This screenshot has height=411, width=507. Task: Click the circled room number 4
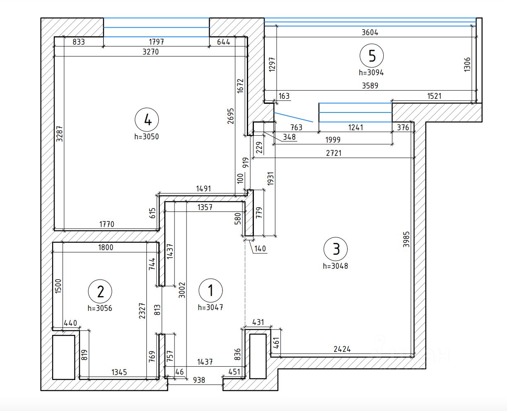146,119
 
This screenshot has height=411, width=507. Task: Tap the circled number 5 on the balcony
372,56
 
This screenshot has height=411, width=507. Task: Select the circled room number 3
336,249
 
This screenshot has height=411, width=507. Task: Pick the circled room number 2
100,292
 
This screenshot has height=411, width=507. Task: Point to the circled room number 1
210,291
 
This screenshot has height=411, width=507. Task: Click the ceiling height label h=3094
371,72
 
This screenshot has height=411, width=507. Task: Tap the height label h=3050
146,136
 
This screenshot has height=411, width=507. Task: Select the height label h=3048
335,266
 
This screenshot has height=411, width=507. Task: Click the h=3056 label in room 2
100,308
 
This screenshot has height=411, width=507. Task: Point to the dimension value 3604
370,32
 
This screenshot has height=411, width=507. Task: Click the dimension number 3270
151,52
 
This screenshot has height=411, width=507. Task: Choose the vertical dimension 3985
407,239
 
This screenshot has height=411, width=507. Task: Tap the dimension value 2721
334,153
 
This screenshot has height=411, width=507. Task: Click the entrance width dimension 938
199,380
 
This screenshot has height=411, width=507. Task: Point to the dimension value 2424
342,349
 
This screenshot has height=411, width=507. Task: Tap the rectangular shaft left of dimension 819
64,357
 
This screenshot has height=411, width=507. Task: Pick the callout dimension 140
261,249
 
